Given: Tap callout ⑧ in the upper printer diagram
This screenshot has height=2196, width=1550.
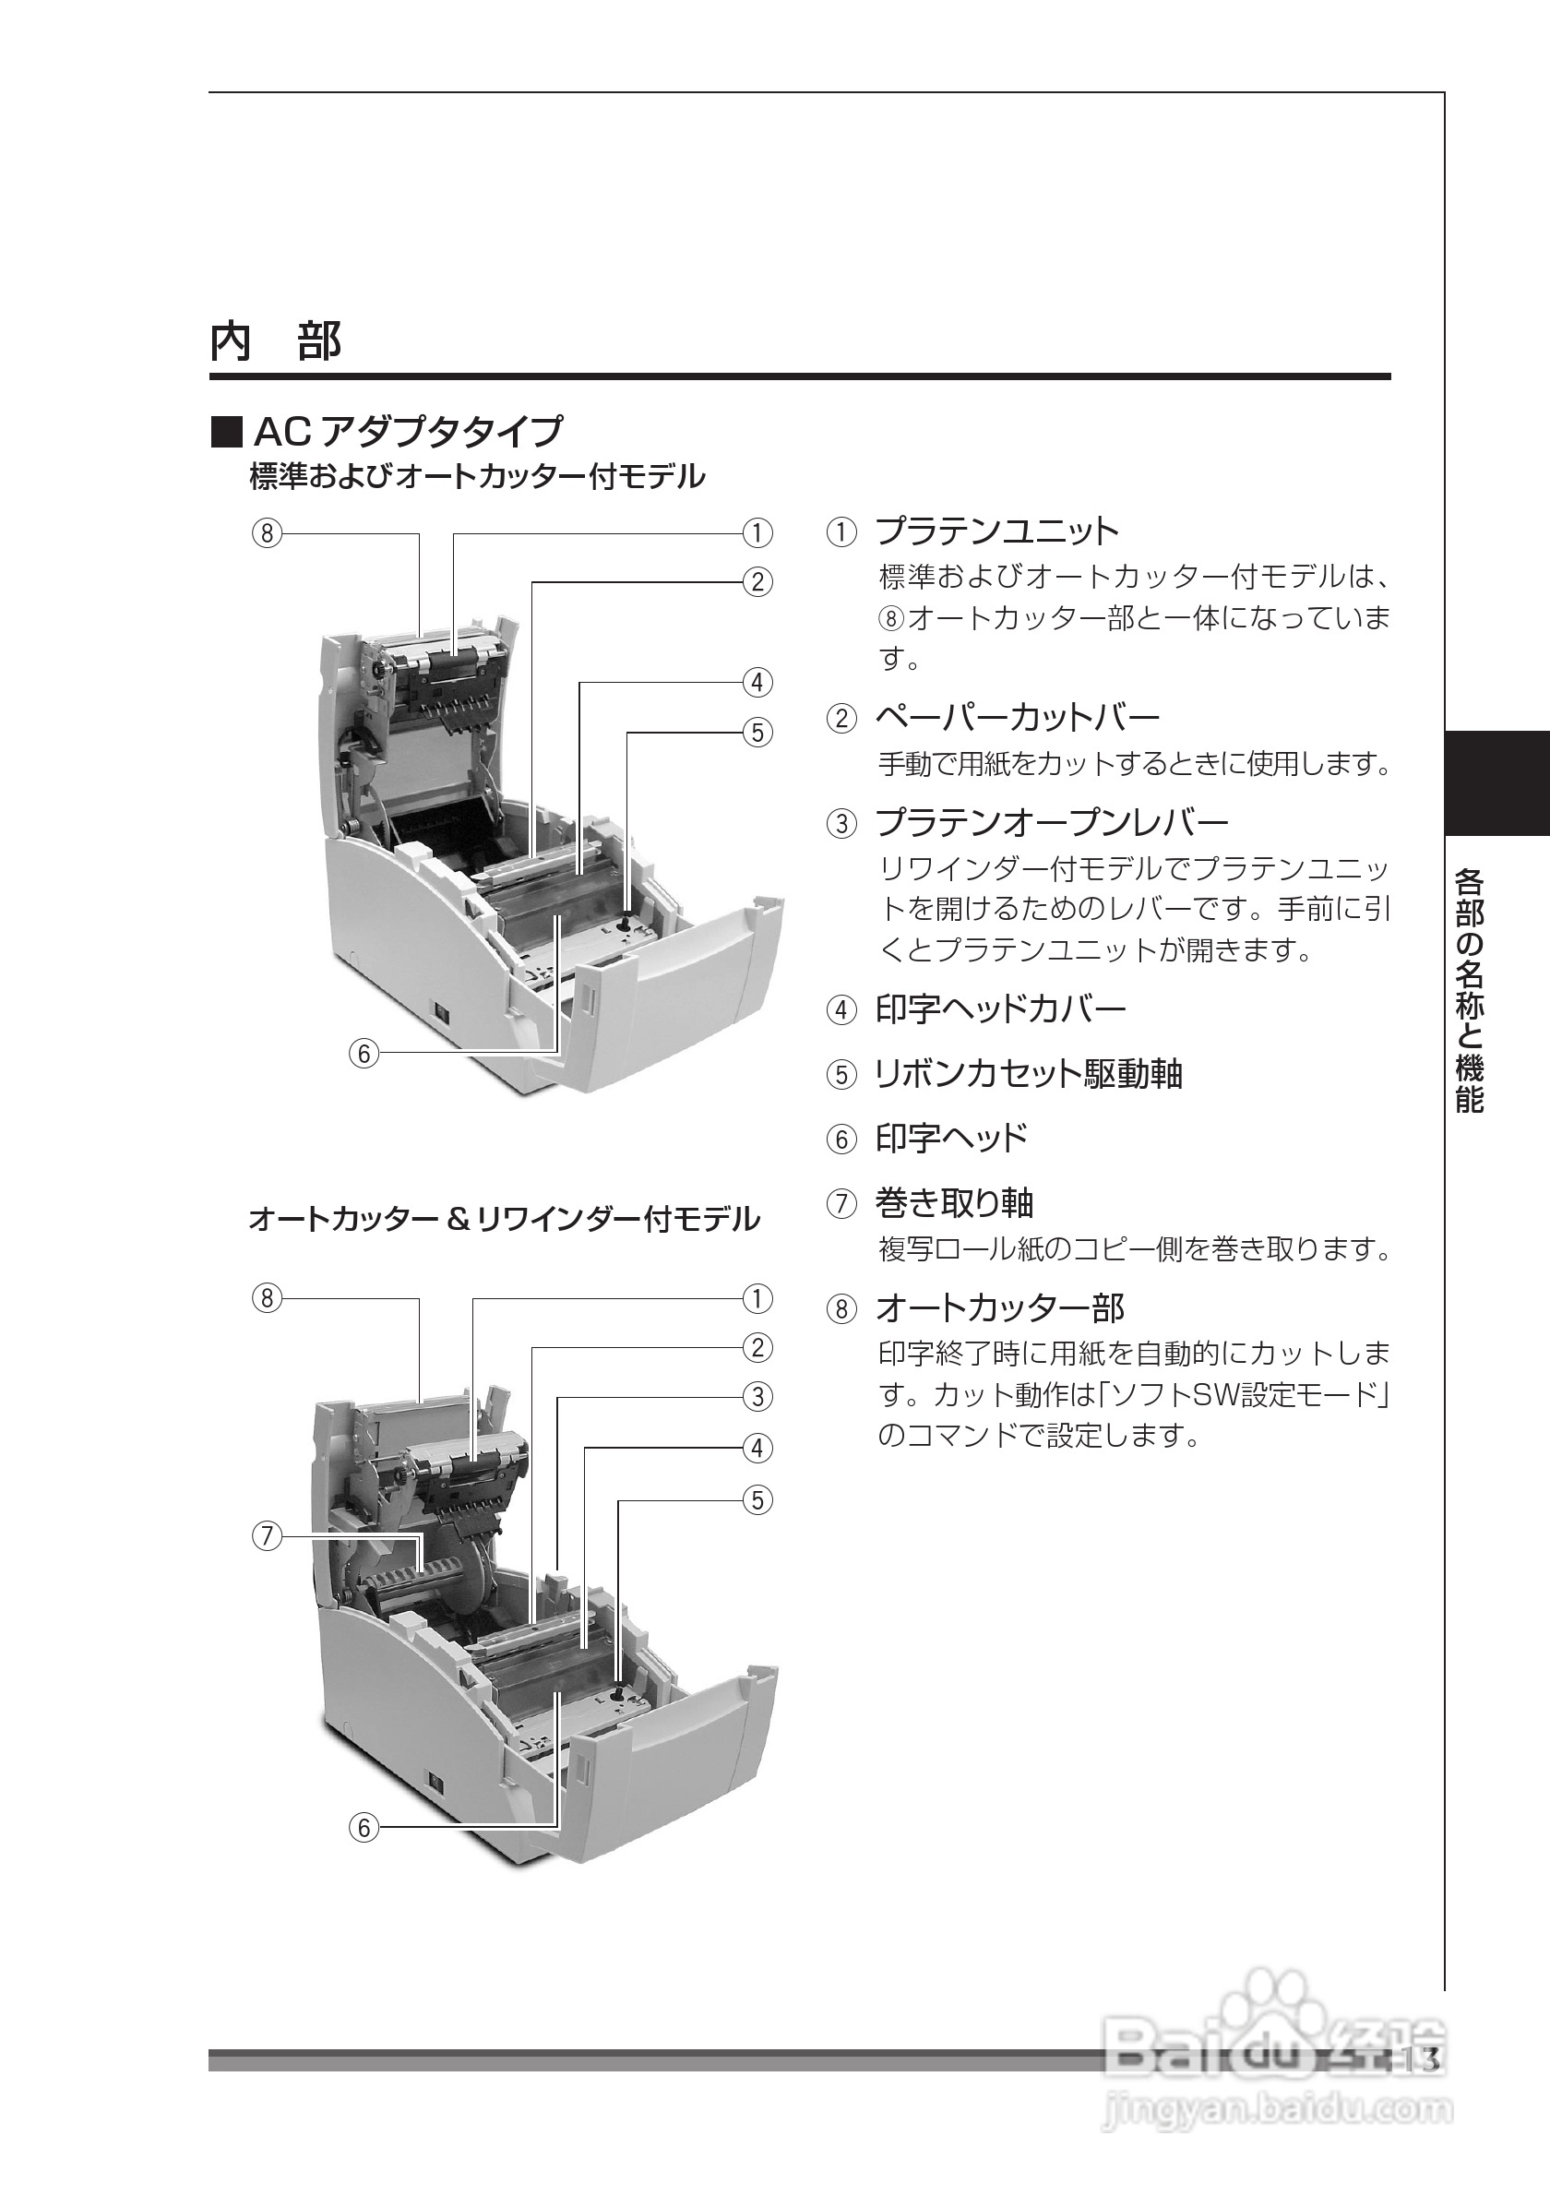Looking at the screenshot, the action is (267, 532).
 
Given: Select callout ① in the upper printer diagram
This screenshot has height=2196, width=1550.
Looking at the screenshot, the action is (757, 532).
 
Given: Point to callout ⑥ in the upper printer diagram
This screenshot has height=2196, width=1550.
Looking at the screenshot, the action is (364, 1053).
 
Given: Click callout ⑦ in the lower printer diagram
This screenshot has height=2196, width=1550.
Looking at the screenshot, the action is (267, 1537).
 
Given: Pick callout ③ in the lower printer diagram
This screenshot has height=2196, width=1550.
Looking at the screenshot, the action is (757, 1397).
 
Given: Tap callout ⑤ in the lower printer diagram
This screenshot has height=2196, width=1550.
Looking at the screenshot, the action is (757, 1500).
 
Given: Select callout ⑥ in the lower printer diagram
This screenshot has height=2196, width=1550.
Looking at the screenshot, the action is (364, 1828).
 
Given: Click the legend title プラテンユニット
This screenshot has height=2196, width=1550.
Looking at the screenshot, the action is (996, 531).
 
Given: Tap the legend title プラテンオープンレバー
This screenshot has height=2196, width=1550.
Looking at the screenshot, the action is (1052, 821).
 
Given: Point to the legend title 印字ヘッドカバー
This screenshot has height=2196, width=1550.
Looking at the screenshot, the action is (1000, 1009).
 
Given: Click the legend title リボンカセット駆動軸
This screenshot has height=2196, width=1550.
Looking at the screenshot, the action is (1029, 1074).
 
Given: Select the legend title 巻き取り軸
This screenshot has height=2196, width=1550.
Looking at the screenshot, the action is (954, 1202).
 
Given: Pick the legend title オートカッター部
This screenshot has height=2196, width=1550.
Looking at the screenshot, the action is (1000, 1307).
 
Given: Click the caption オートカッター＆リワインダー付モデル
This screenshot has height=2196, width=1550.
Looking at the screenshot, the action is (504, 1220).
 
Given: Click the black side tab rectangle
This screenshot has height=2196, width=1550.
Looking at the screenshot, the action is (1496, 783).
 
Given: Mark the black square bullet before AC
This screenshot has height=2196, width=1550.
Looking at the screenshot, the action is (227, 433).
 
